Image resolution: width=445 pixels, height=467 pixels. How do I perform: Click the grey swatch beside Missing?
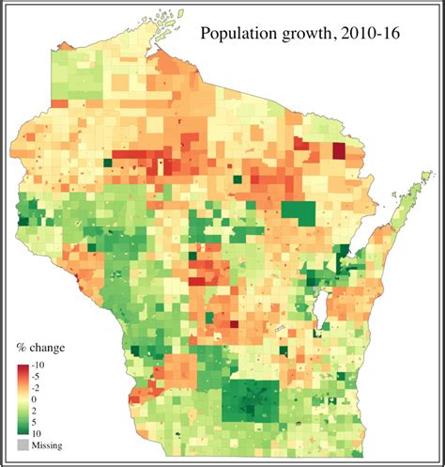pyautogui.click(x=22, y=444)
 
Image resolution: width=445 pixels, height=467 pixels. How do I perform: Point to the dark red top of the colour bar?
pyautogui.click(x=22, y=365)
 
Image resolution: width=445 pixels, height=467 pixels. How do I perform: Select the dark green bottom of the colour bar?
pyautogui.click(x=22, y=431)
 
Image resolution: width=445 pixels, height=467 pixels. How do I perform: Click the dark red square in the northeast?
pyautogui.click(x=339, y=151)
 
